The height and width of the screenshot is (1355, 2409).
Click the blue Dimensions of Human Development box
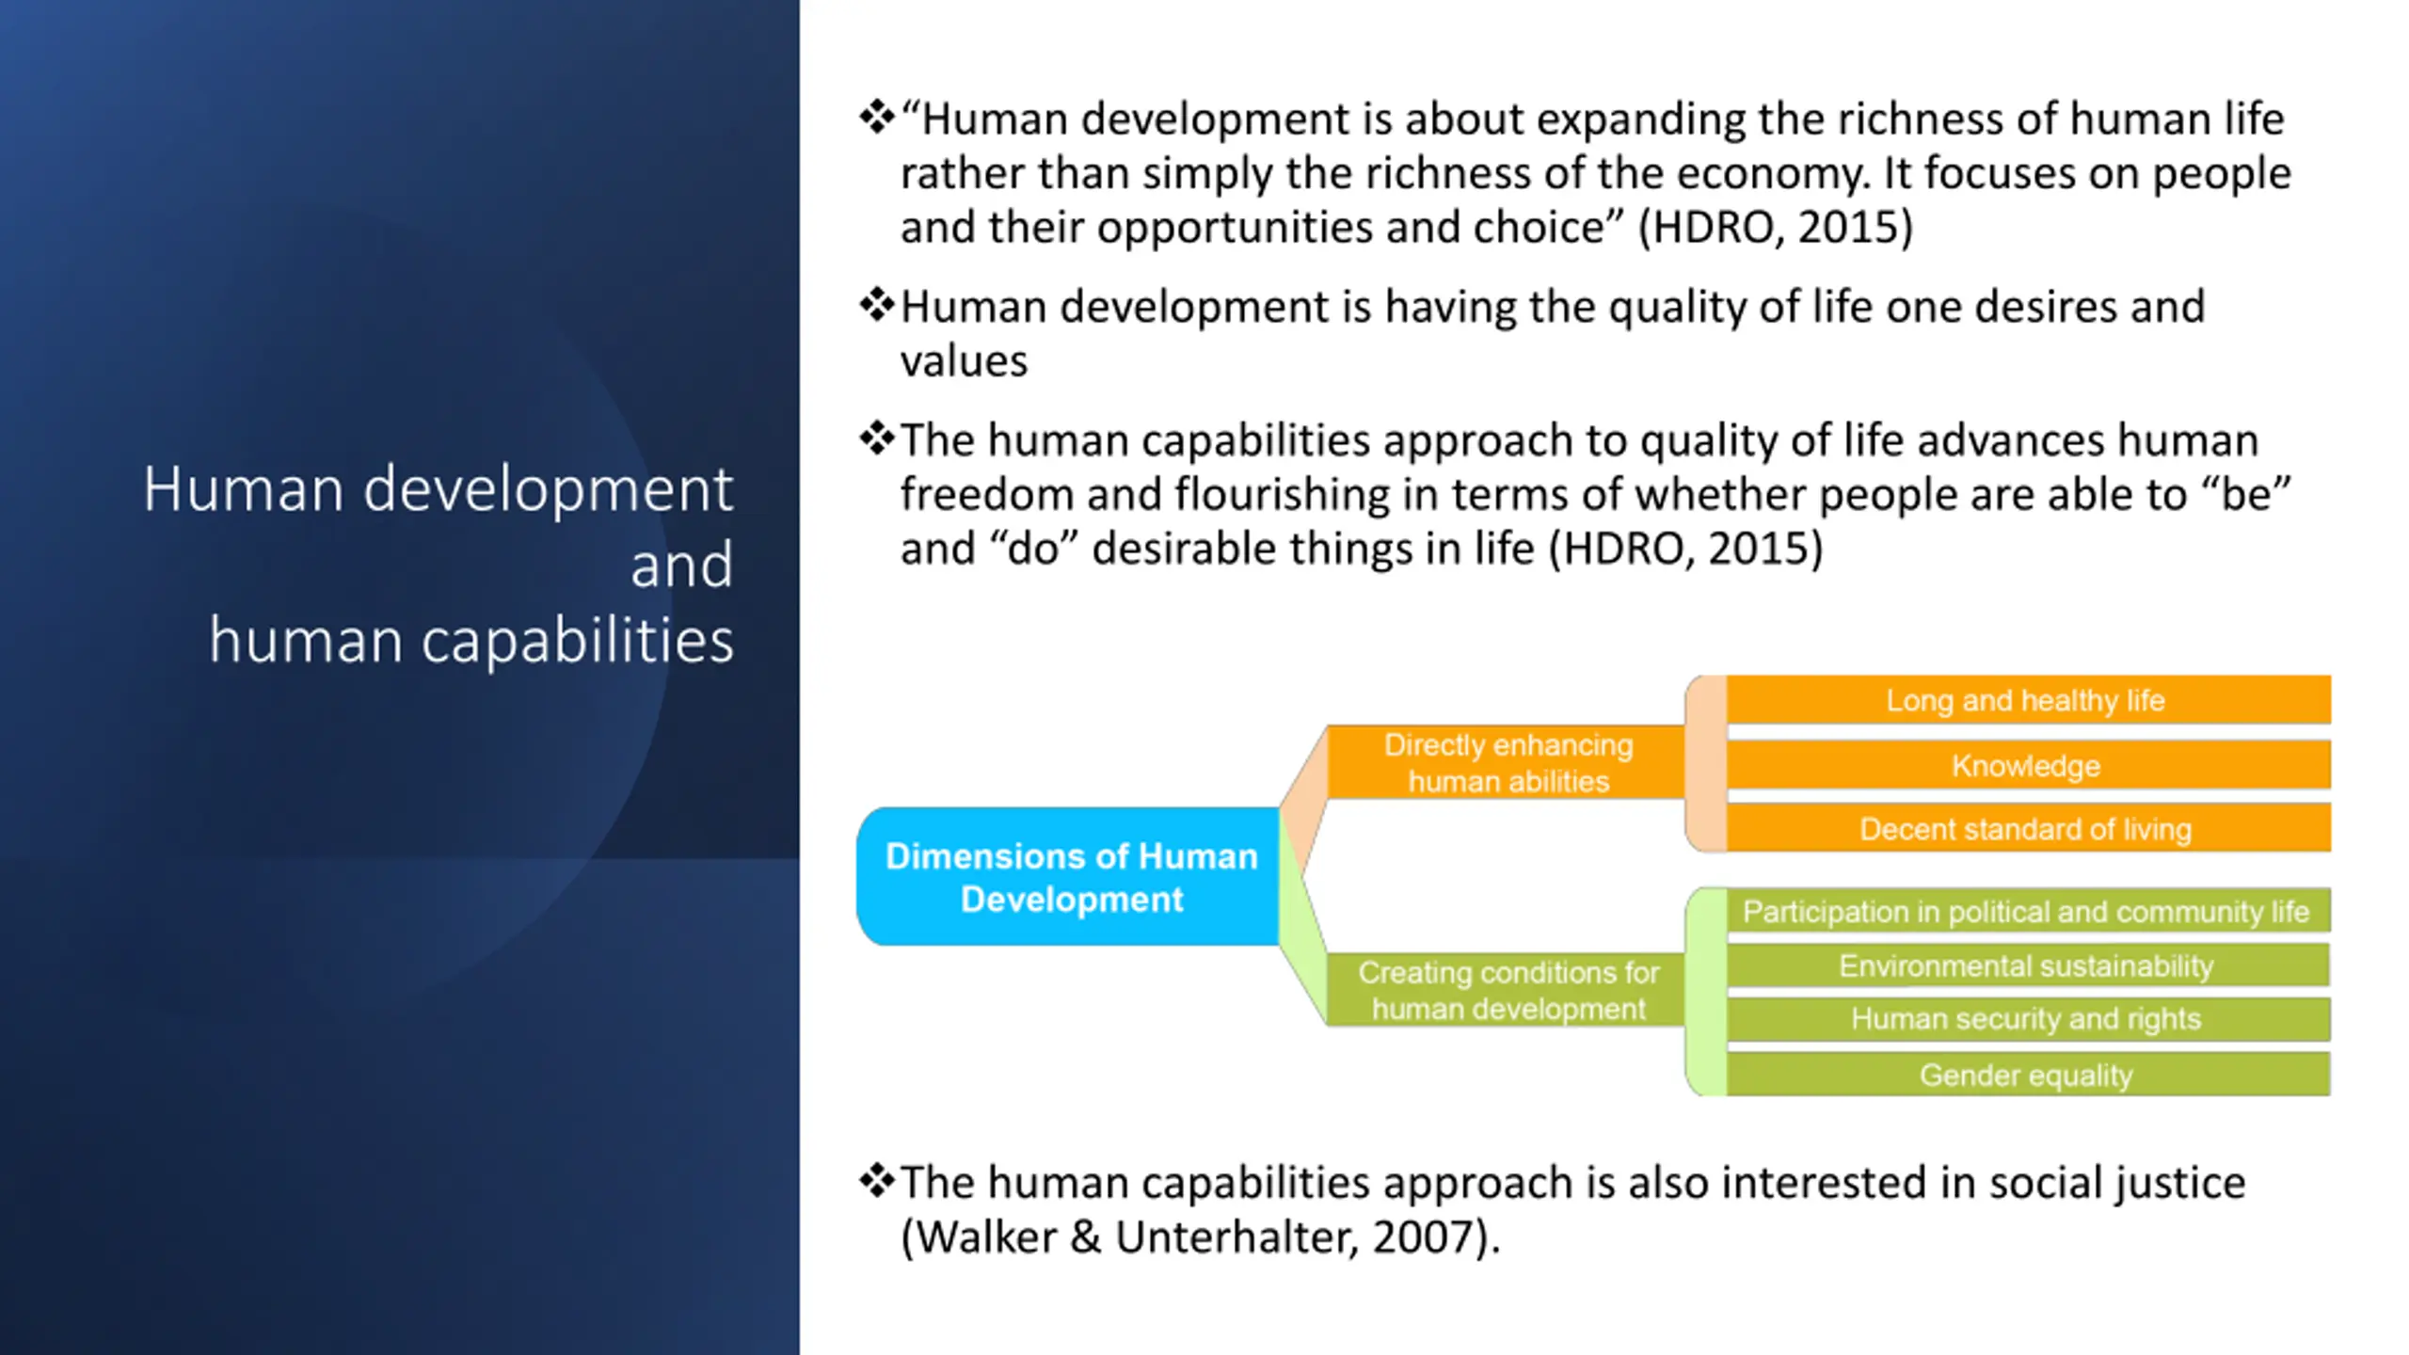(1068, 876)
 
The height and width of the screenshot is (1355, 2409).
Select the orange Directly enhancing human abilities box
(1506, 762)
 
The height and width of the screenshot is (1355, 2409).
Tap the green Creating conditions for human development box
(1506, 989)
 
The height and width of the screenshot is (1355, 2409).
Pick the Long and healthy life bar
(2028, 700)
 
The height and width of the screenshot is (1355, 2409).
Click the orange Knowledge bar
(2028, 765)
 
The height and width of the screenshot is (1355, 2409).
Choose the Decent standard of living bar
(2028, 828)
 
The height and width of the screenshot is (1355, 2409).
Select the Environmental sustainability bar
(2028, 965)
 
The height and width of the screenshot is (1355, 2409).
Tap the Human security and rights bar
(2028, 1019)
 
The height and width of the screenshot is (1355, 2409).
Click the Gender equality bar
(2028, 1075)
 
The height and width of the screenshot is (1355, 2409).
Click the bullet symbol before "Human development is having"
(876, 305)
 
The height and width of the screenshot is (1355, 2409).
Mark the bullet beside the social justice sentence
(876, 1181)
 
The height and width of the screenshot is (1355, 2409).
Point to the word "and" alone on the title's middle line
(681, 566)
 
